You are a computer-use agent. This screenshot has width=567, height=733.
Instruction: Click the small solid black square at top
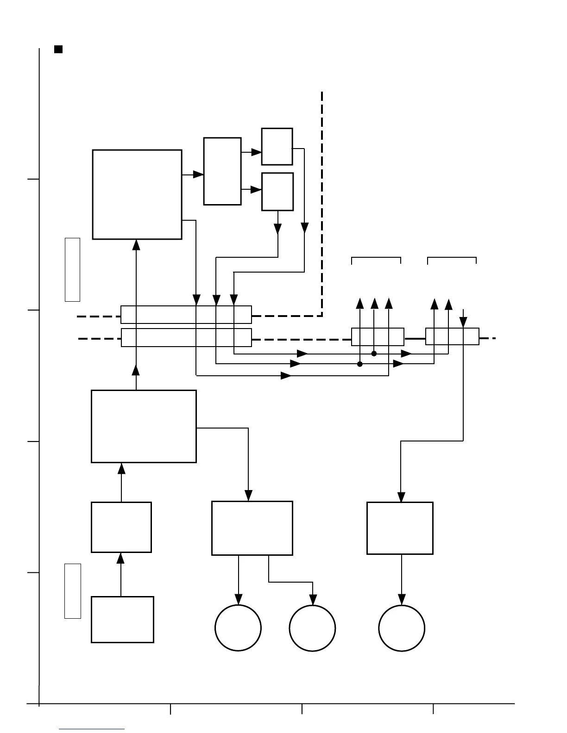[58, 49]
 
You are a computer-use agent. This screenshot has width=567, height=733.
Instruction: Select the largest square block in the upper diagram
[137, 194]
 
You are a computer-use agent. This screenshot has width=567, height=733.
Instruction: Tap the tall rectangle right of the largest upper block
[222, 171]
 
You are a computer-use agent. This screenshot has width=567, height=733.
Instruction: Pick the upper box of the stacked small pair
[277, 147]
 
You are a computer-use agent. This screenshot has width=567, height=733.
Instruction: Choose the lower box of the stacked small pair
[277, 192]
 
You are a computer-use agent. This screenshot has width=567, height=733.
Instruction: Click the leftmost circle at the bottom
[238, 628]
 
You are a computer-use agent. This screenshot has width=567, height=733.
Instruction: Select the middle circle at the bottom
[312, 628]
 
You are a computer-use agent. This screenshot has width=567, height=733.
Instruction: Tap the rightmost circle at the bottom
[402, 628]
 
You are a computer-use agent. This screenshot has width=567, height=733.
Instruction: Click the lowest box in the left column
[122, 620]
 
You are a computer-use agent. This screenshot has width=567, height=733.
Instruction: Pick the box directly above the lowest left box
[121, 527]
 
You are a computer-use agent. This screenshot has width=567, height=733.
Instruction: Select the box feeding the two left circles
[252, 528]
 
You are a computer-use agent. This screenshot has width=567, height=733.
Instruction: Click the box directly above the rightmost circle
[400, 528]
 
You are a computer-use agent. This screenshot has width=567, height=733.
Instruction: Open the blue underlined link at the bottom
[92, 729]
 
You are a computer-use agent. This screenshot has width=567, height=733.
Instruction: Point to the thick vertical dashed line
[322, 204]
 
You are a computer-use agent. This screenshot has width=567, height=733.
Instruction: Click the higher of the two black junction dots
[374, 354]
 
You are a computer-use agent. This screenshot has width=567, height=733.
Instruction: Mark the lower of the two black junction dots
[360, 364]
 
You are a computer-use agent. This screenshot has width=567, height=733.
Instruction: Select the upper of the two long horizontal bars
[186, 315]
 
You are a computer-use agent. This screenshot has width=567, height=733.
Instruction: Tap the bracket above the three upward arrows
[376, 258]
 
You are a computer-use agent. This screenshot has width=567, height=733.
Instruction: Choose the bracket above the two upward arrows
[452, 258]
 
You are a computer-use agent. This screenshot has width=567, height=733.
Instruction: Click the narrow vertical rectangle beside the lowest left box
[72, 591]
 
